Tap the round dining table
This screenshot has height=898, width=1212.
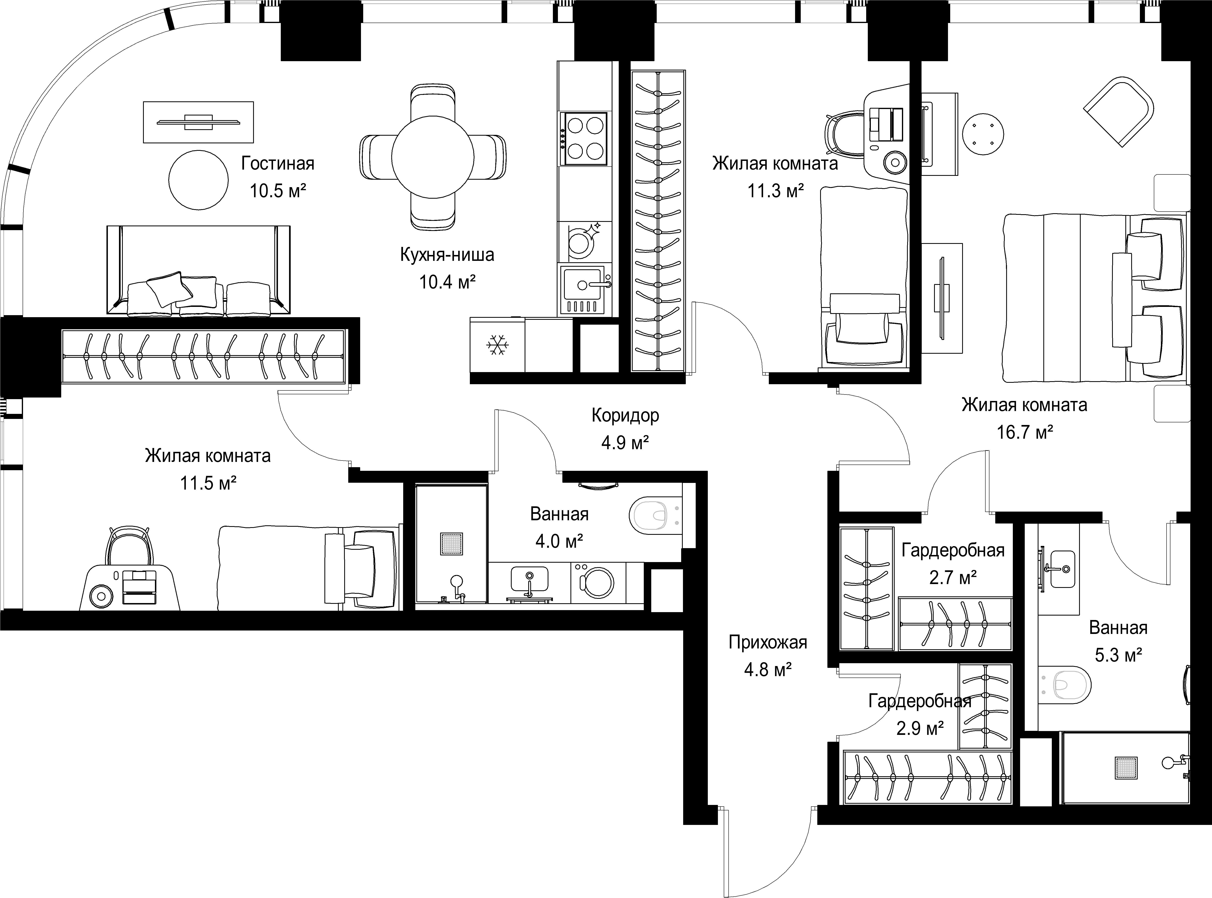pos(433,157)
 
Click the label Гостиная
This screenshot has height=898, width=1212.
pos(278,163)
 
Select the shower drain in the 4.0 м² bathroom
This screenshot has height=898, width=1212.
pos(451,543)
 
